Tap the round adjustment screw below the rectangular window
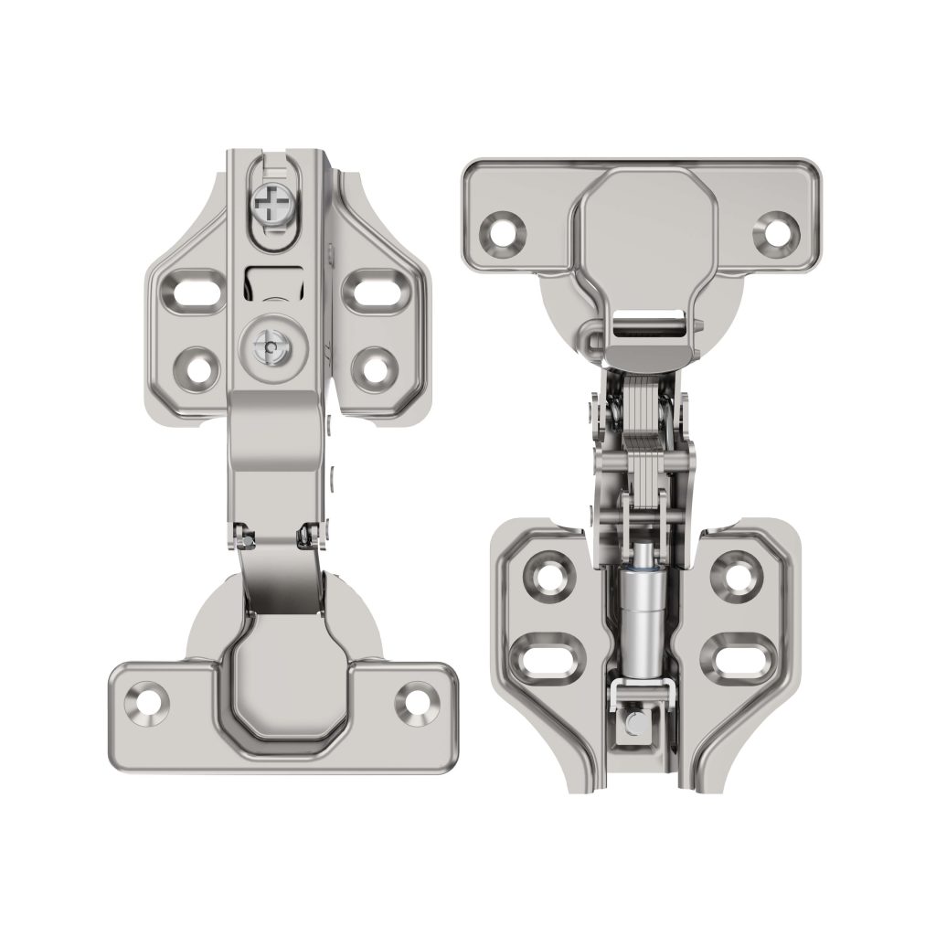(x=271, y=346)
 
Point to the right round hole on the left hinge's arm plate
(x=371, y=367)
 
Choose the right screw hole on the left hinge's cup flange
(x=417, y=700)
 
